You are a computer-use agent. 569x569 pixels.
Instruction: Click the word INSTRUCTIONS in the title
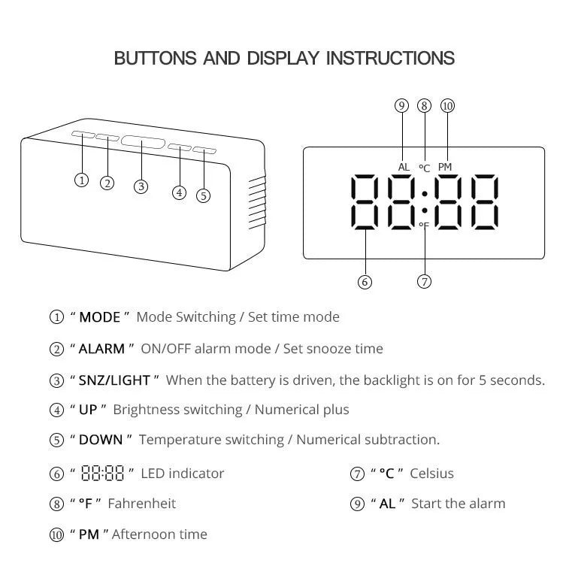click(x=390, y=58)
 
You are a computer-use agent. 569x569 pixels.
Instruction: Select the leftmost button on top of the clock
click(x=83, y=135)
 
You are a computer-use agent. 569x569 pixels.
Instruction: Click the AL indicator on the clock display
click(x=404, y=167)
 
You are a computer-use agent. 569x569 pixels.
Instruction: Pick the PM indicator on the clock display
click(x=446, y=167)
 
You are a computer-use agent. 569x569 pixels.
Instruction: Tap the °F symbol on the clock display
click(x=424, y=225)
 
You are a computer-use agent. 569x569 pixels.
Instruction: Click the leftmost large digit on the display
click(x=366, y=201)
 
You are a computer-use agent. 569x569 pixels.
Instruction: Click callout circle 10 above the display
click(x=447, y=106)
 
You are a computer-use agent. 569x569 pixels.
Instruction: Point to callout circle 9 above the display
click(x=401, y=106)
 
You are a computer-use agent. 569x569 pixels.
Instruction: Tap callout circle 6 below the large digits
click(x=365, y=282)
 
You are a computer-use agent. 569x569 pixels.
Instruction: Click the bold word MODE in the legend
click(x=100, y=317)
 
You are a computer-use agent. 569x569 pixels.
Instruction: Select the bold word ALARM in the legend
click(x=101, y=349)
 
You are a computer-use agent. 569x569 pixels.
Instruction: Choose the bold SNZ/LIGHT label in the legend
click(x=114, y=380)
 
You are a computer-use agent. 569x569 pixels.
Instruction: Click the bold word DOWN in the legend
click(x=101, y=440)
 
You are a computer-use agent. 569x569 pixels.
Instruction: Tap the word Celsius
click(x=431, y=474)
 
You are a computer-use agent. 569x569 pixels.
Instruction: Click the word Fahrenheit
click(x=142, y=504)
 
